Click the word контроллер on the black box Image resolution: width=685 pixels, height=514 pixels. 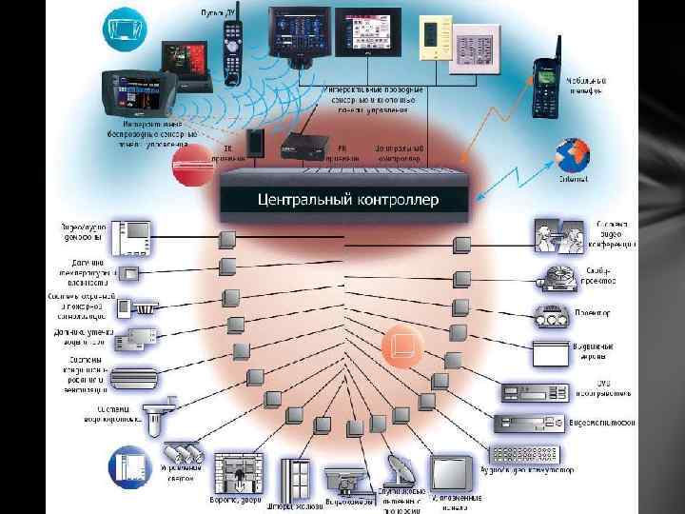coord(397,201)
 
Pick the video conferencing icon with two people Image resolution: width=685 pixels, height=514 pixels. coord(558,236)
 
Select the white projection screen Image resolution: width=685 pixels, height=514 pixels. coord(557,354)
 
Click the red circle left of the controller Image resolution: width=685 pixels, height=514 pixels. coord(190,166)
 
